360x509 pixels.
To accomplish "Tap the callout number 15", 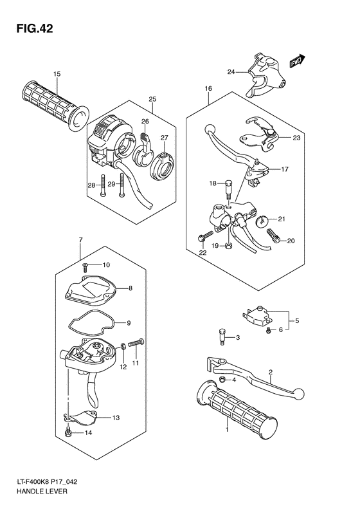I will click(x=57, y=75).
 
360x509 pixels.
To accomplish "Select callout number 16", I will click(x=208, y=88).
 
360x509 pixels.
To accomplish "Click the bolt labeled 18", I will click(x=227, y=190).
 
